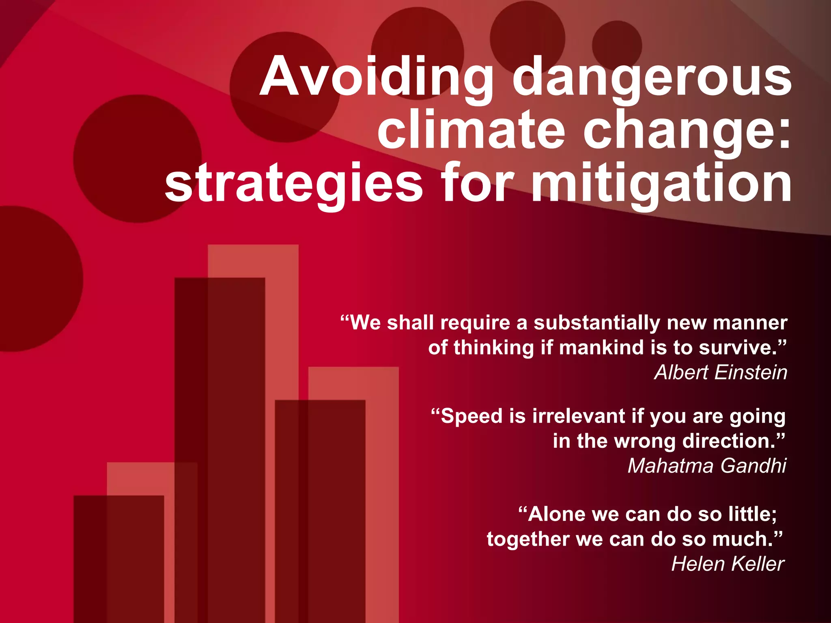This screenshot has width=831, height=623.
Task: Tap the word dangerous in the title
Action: coord(652,77)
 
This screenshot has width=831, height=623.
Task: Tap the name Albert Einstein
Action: coord(721,372)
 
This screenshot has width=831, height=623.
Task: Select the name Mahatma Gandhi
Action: coord(707,466)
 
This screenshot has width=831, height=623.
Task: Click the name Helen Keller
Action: coord(728,564)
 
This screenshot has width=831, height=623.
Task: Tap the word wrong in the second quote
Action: coord(645,441)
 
